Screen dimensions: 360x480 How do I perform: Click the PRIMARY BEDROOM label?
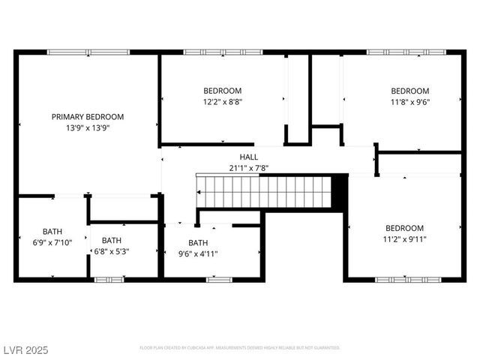click(88, 117)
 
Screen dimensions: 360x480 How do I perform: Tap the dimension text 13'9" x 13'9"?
click(88, 128)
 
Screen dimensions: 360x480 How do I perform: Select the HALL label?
click(249, 157)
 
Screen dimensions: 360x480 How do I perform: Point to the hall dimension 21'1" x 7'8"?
click(249, 168)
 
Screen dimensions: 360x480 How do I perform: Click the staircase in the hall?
click(264, 191)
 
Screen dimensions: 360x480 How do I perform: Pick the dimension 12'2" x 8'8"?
click(223, 102)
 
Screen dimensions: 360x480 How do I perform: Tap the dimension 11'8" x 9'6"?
click(410, 102)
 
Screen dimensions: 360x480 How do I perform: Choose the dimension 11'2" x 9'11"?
click(405, 239)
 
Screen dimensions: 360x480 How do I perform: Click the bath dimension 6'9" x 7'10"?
click(52, 242)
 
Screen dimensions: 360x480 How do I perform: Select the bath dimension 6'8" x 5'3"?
click(112, 251)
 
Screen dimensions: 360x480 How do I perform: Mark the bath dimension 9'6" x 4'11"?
click(199, 253)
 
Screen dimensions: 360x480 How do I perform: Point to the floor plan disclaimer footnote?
click(240, 348)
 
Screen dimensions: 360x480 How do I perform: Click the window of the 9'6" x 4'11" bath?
click(219, 279)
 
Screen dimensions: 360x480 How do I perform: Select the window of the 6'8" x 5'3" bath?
click(109, 279)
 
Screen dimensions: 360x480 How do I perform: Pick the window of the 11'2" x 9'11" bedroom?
click(404, 279)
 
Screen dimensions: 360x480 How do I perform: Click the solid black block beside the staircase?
click(340, 191)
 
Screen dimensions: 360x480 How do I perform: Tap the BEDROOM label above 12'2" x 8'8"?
click(223, 91)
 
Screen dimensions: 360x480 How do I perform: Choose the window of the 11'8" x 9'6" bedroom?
click(405, 52)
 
